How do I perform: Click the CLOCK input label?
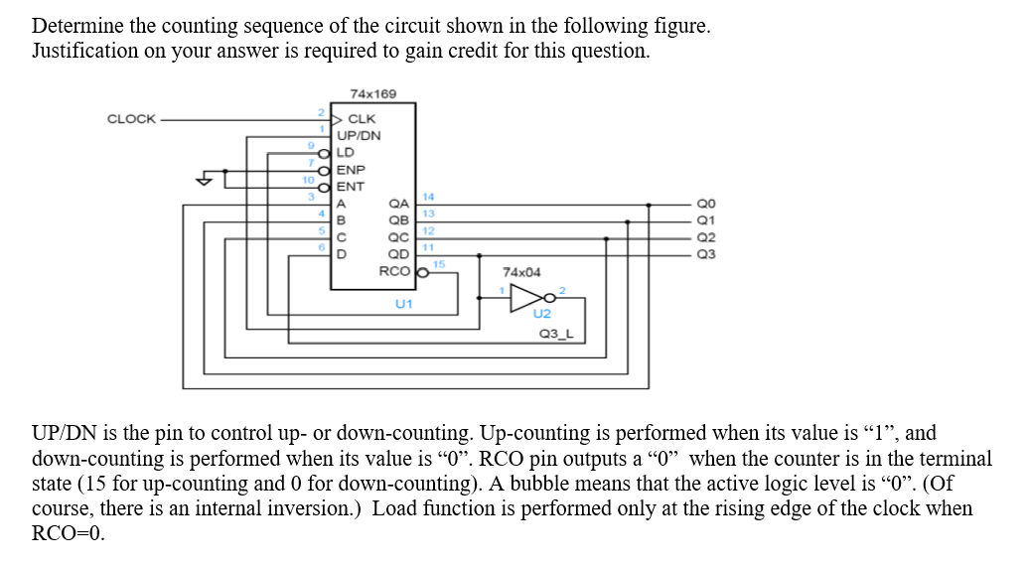coord(131,119)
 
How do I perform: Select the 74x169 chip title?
coord(372,93)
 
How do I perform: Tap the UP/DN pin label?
coord(359,136)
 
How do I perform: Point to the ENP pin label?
coord(351,170)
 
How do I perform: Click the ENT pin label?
coord(351,187)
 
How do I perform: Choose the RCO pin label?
coord(394,271)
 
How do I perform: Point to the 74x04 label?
coord(521,272)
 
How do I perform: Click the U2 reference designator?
coord(541,314)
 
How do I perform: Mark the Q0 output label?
coord(706,204)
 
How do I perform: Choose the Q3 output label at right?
coord(706,254)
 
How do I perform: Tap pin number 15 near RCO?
coord(438,262)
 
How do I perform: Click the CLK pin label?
coord(362,119)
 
